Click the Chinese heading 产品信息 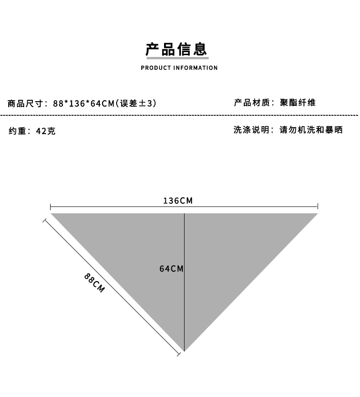point(176,49)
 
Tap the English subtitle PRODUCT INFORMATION point(179,68)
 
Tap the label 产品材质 point(252,103)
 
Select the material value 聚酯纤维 point(298,103)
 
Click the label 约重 point(18,131)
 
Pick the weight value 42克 point(46,131)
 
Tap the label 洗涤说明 point(252,130)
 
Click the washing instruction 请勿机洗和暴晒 point(311,130)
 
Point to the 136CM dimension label point(178,201)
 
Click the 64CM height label point(171,269)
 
